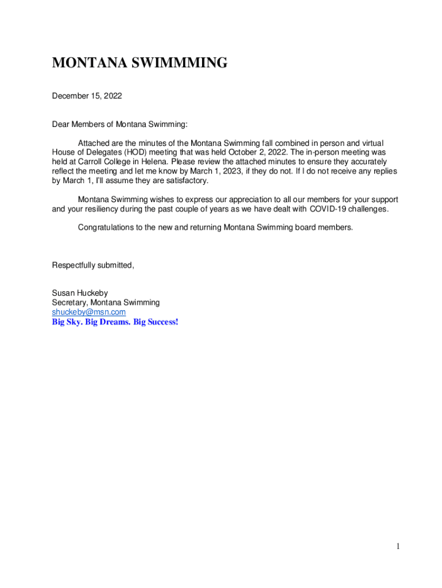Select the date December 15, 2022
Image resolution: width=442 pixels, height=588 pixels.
[x=87, y=96]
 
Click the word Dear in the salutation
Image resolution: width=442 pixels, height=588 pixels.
[x=61, y=124]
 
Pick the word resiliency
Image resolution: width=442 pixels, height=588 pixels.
[x=101, y=209]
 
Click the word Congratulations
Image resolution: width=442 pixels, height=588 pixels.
[x=106, y=227]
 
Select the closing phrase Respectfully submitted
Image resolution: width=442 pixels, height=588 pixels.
[x=93, y=265]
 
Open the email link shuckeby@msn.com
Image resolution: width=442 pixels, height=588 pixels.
[x=89, y=312]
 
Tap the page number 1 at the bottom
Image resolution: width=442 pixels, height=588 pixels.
[x=397, y=547]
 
